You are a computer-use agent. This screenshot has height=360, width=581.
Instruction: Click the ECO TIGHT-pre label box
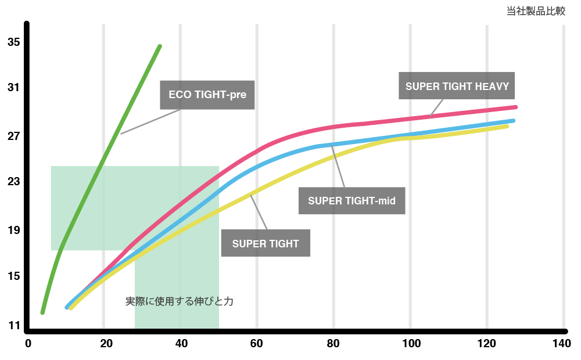tap(207, 95)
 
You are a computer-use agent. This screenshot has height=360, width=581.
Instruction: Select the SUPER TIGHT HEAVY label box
tap(457, 87)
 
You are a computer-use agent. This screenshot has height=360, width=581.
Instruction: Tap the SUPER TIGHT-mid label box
tap(352, 201)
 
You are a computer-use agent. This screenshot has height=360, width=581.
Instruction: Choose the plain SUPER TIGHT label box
tap(266, 243)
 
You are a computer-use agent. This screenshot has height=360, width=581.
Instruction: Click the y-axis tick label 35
tap(14, 42)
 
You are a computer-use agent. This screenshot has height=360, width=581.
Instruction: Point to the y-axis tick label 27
tap(14, 136)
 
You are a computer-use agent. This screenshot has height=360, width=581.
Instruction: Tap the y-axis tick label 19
tap(14, 230)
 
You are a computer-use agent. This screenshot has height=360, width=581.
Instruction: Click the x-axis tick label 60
tap(256, 344)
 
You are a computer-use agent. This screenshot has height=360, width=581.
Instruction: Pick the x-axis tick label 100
tap(410, 344)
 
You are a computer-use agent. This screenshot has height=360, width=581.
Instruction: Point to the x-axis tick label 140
tap(561, 344)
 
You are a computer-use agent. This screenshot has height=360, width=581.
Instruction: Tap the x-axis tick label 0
tap(28, 344)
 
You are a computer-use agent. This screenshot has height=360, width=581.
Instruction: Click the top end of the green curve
tap(159, 46)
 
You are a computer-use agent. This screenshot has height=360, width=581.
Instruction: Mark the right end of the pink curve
tap(515, 107)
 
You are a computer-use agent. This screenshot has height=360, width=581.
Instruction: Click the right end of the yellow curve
tap(507, 125)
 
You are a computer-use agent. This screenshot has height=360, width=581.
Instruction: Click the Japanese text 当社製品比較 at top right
tap(536, 11)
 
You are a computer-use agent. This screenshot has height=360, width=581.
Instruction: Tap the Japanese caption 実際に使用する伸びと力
tap(179, 302)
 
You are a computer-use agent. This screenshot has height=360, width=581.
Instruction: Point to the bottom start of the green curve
tap(42, 312)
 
